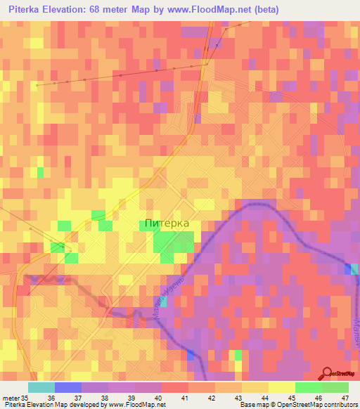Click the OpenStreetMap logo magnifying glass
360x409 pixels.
point(327,372)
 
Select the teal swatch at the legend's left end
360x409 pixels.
point(41,387)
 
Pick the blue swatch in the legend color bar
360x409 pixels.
point(68,387)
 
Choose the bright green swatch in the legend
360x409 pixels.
point(308,387)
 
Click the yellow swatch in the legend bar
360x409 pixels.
point(281,387)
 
